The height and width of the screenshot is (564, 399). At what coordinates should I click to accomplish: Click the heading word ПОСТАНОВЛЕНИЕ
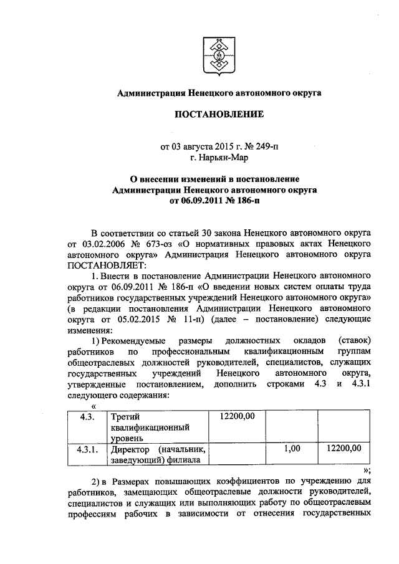tap(219, 114)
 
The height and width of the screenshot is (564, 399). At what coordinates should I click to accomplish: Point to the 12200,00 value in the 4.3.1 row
tap(344, 448)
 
